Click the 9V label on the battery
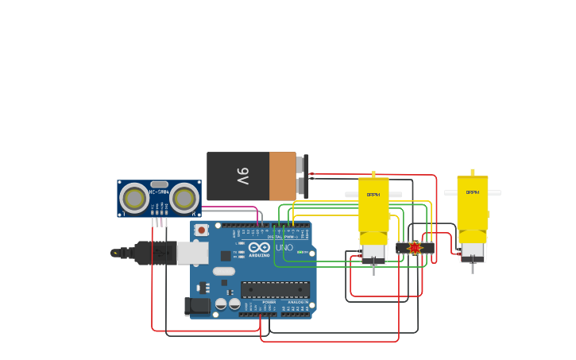(x=243, y=176)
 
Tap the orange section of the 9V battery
(x=282, y=176)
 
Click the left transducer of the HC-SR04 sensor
(x=134, y=198)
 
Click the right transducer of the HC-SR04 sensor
(x=184, y=198)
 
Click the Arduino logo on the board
(x=258, y=247)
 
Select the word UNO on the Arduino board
(x=284, y=247)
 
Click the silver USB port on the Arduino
(x=192, y=253)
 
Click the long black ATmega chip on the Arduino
(x=275, y=289)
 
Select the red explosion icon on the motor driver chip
(x=414, y=248)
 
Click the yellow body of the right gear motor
(x=473, y=205)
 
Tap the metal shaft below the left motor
(x=374, y=269)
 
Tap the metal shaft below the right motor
(x=473, y=268)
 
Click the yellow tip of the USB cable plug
(x=116, y=253)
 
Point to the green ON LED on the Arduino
(x=301, y=252)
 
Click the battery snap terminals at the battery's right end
(x=302, y=175)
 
